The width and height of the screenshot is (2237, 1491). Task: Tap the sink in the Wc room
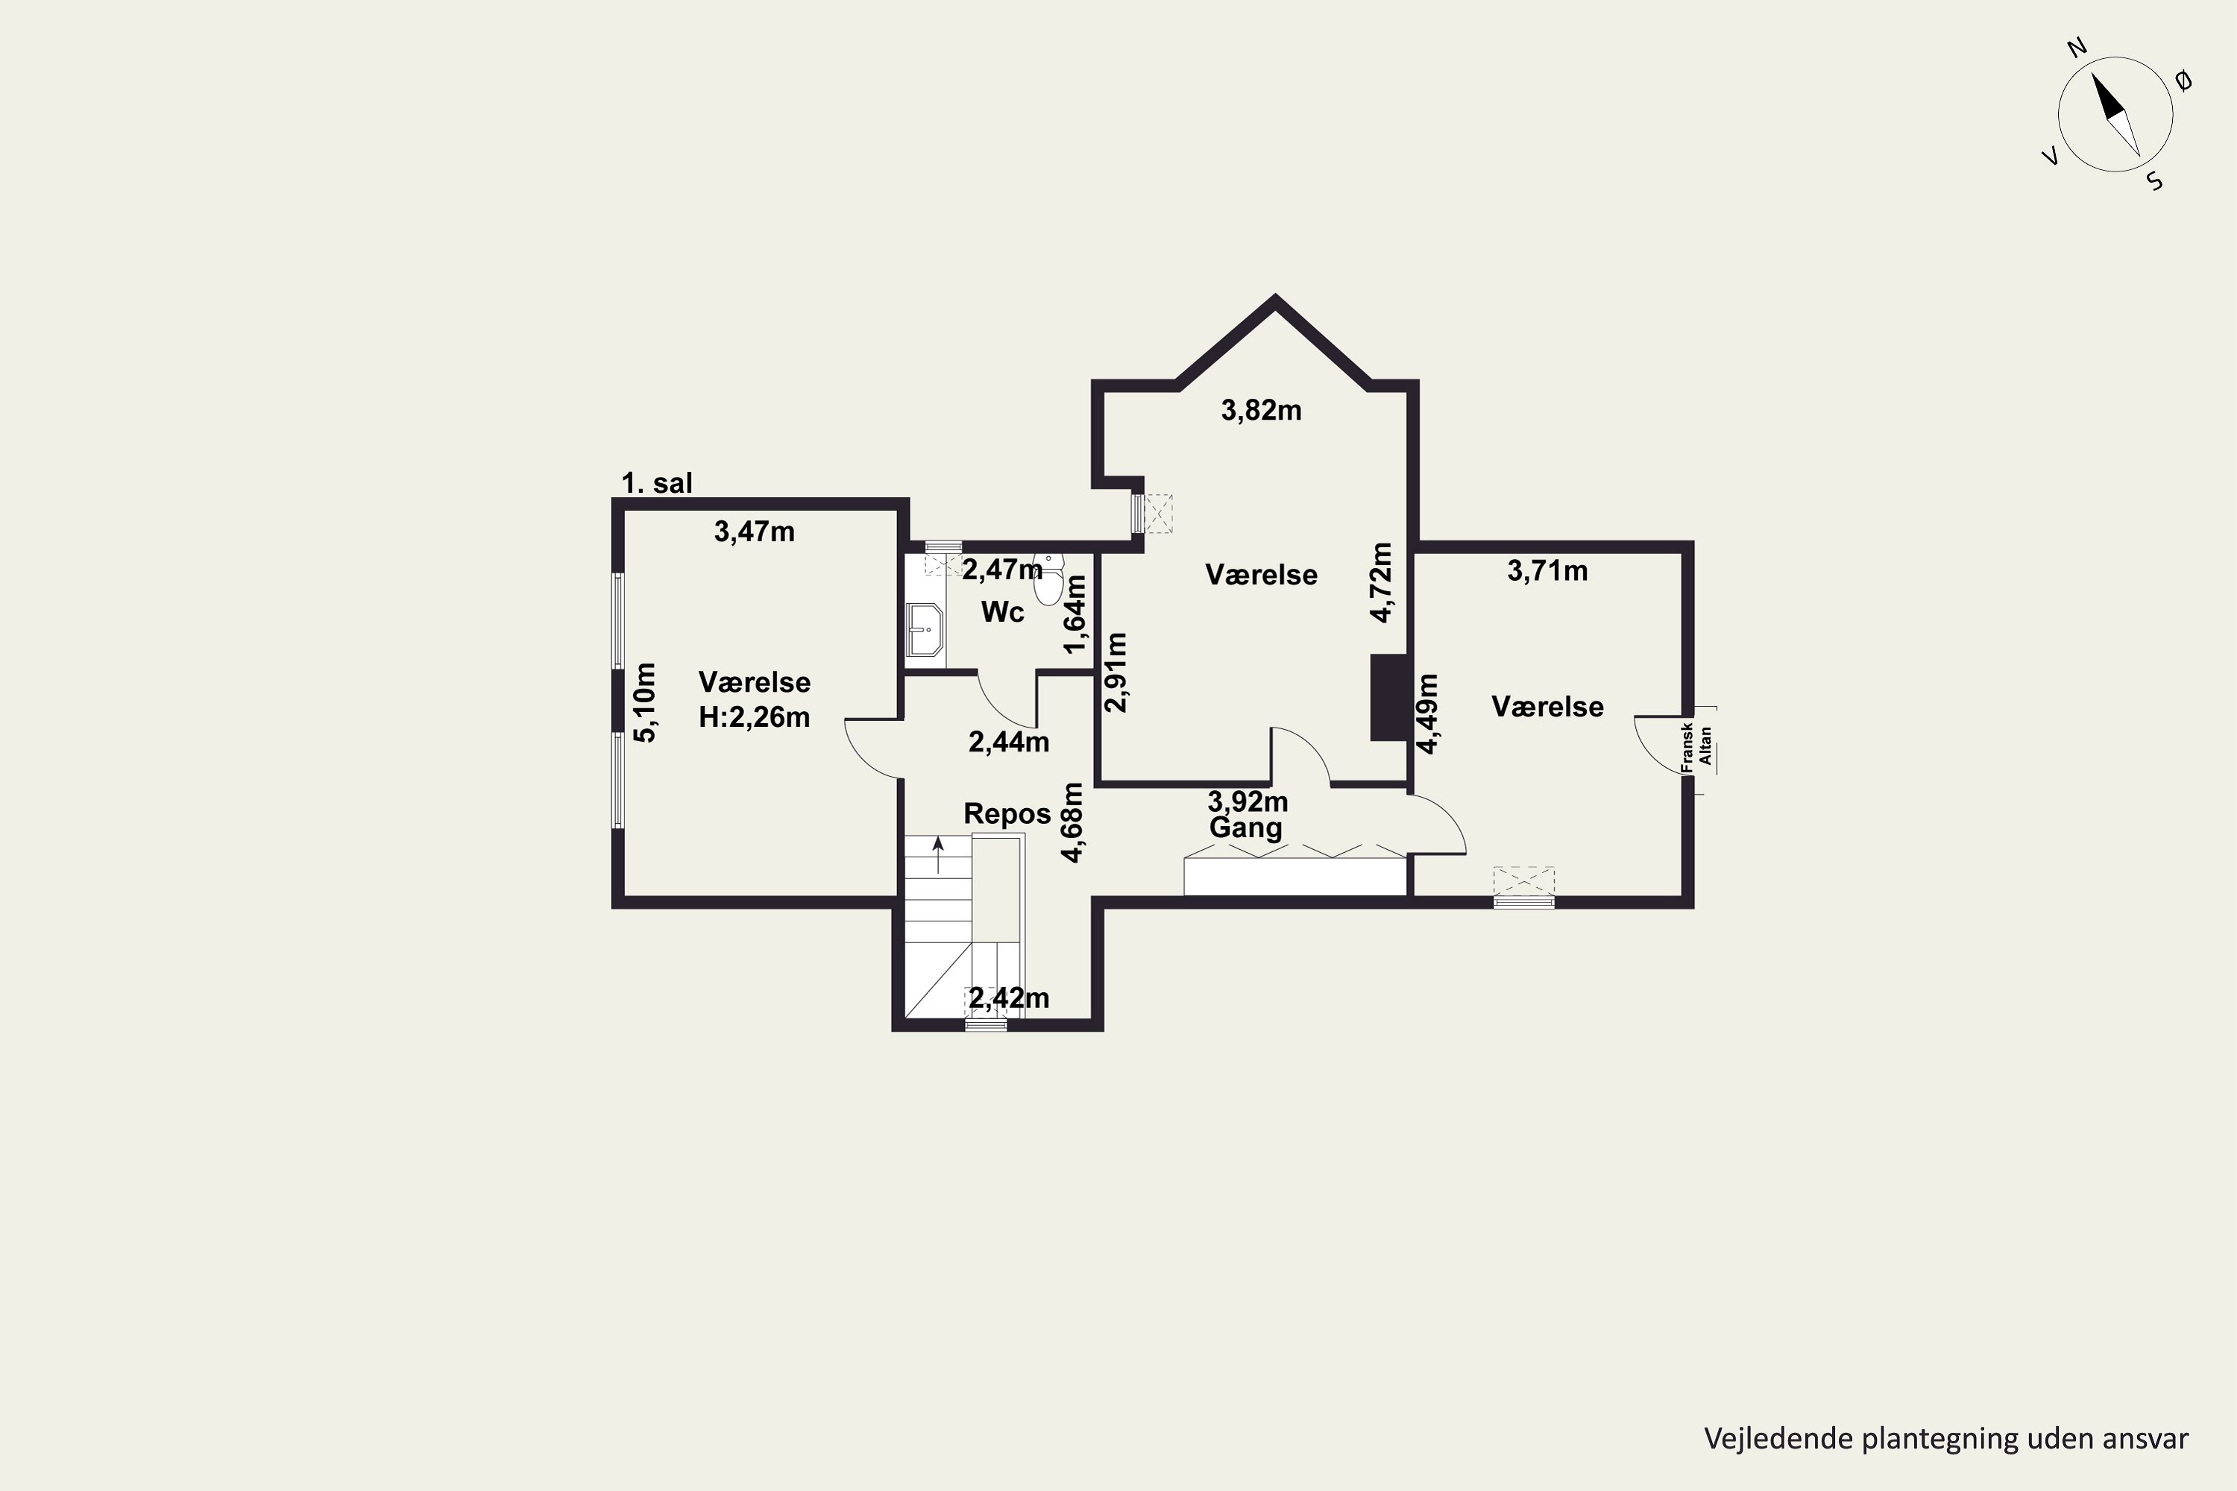[x=925, y=628]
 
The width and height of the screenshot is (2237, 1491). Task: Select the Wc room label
[x=1002, y=611]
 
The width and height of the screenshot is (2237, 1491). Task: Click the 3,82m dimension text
[x=1261, y=410]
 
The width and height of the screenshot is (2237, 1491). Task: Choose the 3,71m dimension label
[x=1547, y=570]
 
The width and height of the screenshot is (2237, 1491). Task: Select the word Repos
[x=1007, y=814]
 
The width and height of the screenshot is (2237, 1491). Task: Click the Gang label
[x=1245, y=828]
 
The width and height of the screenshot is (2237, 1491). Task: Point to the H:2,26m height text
[x=754, y=717]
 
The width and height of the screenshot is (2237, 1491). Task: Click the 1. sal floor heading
[x=656, y=483]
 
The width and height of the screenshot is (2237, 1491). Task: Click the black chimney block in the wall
[x=1388, y=698]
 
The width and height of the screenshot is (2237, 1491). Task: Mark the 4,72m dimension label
[x=1381, y=583]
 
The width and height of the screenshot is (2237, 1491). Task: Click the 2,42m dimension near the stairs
[x=1009, y=997]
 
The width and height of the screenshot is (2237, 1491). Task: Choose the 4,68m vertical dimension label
[x=1072, y=822]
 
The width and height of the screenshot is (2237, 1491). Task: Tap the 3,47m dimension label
[x=754, y=532]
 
